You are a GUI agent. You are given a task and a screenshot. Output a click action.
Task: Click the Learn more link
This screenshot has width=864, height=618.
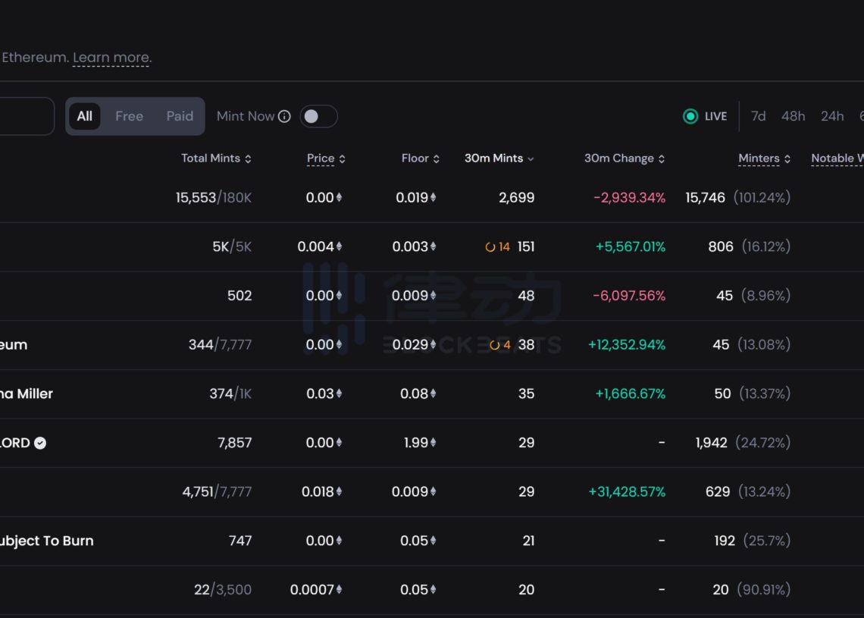(112, 58)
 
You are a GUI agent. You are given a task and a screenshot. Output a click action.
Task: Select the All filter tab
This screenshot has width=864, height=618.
(85, 116)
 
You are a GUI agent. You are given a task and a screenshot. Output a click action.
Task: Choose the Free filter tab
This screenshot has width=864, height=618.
(129, 116)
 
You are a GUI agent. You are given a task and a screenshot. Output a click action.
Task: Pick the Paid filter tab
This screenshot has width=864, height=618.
(180, 116)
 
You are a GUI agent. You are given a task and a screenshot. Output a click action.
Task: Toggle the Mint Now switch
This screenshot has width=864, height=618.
(318, 116)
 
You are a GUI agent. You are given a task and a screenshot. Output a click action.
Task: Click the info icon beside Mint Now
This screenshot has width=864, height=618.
(284, 117)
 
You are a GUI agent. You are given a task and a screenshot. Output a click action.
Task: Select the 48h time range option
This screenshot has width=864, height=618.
(793, 116)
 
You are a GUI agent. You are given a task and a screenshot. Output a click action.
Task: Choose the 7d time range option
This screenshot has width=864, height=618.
(758, 116)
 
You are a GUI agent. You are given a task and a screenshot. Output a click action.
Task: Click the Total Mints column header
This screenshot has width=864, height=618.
(211, 158)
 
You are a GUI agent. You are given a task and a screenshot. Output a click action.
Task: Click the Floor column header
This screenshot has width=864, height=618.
(415, 158)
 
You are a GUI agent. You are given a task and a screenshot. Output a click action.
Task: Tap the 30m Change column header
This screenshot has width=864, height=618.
(619, 158)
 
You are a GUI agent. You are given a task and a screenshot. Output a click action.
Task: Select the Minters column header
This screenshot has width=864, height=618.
(759, 158)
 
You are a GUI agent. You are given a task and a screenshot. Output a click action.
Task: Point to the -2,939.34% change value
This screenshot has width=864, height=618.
(629, 198)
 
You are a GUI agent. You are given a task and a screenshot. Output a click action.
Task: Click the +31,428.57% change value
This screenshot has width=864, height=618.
(627, 492)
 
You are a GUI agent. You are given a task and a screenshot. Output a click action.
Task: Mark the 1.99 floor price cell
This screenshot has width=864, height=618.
(416, 443)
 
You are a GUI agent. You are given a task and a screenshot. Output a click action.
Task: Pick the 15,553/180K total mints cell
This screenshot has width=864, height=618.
(214, 198)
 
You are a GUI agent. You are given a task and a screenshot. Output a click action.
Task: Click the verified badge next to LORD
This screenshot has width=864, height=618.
(40, 443)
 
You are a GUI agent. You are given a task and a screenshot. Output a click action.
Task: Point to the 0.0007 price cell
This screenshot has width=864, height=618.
(311, 590)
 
